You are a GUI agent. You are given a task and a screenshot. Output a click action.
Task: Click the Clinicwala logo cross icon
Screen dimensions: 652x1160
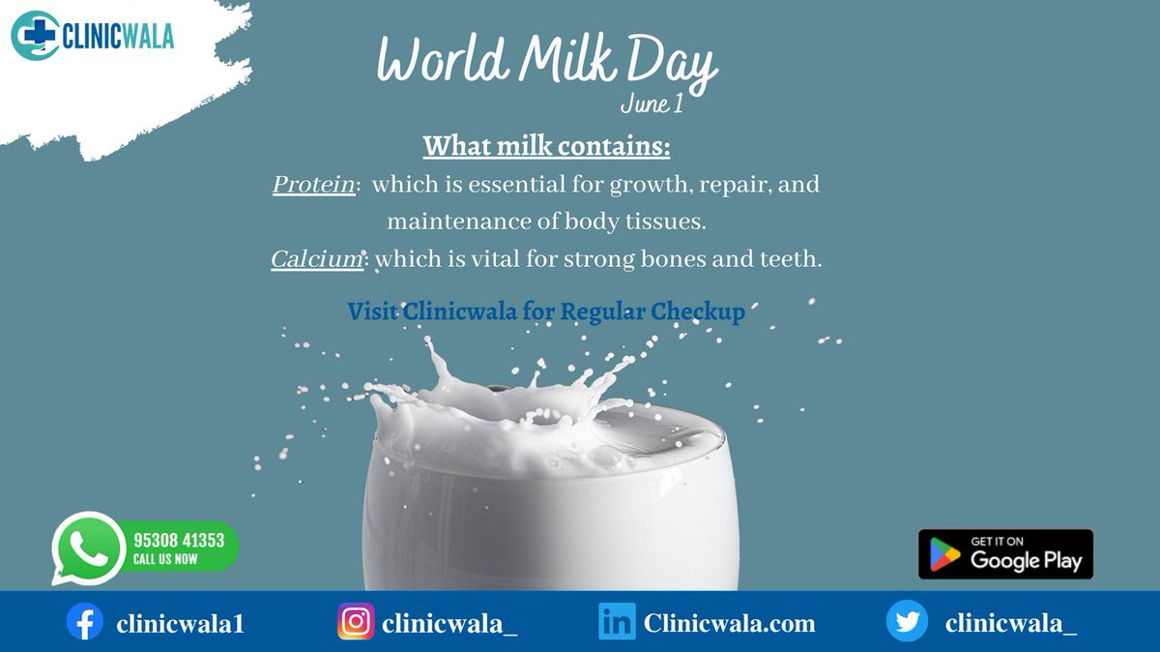point(34,36)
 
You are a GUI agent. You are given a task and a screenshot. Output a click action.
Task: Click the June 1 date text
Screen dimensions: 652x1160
point(651,104)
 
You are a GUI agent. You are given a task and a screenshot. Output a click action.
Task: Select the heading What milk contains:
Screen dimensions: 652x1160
point(546,147)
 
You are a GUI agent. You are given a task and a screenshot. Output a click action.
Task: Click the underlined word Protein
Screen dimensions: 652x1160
point(313,184)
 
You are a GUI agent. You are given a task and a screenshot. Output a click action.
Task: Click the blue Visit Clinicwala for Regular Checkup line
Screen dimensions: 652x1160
point(546,311)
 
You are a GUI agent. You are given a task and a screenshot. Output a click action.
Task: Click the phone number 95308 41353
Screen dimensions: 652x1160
point(179,541)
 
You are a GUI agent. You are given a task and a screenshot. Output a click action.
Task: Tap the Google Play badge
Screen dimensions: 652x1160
point(1005,554)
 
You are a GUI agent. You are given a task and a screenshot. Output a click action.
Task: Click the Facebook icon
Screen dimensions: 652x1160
point(84,622)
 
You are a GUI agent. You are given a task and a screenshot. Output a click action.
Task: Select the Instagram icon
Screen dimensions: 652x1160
point(356,622)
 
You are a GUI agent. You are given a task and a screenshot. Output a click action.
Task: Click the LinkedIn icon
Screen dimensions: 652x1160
point(617,622)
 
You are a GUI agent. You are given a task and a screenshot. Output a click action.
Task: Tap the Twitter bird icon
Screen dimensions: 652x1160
point(907,622)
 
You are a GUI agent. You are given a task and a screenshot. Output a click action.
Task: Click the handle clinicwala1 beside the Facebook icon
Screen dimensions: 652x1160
point(180,624)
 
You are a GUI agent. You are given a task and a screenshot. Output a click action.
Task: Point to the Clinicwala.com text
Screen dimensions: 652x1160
point(730,624)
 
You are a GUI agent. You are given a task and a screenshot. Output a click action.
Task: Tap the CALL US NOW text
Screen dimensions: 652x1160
point(167,559)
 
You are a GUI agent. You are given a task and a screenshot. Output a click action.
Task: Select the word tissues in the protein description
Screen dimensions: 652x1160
point(667,222)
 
